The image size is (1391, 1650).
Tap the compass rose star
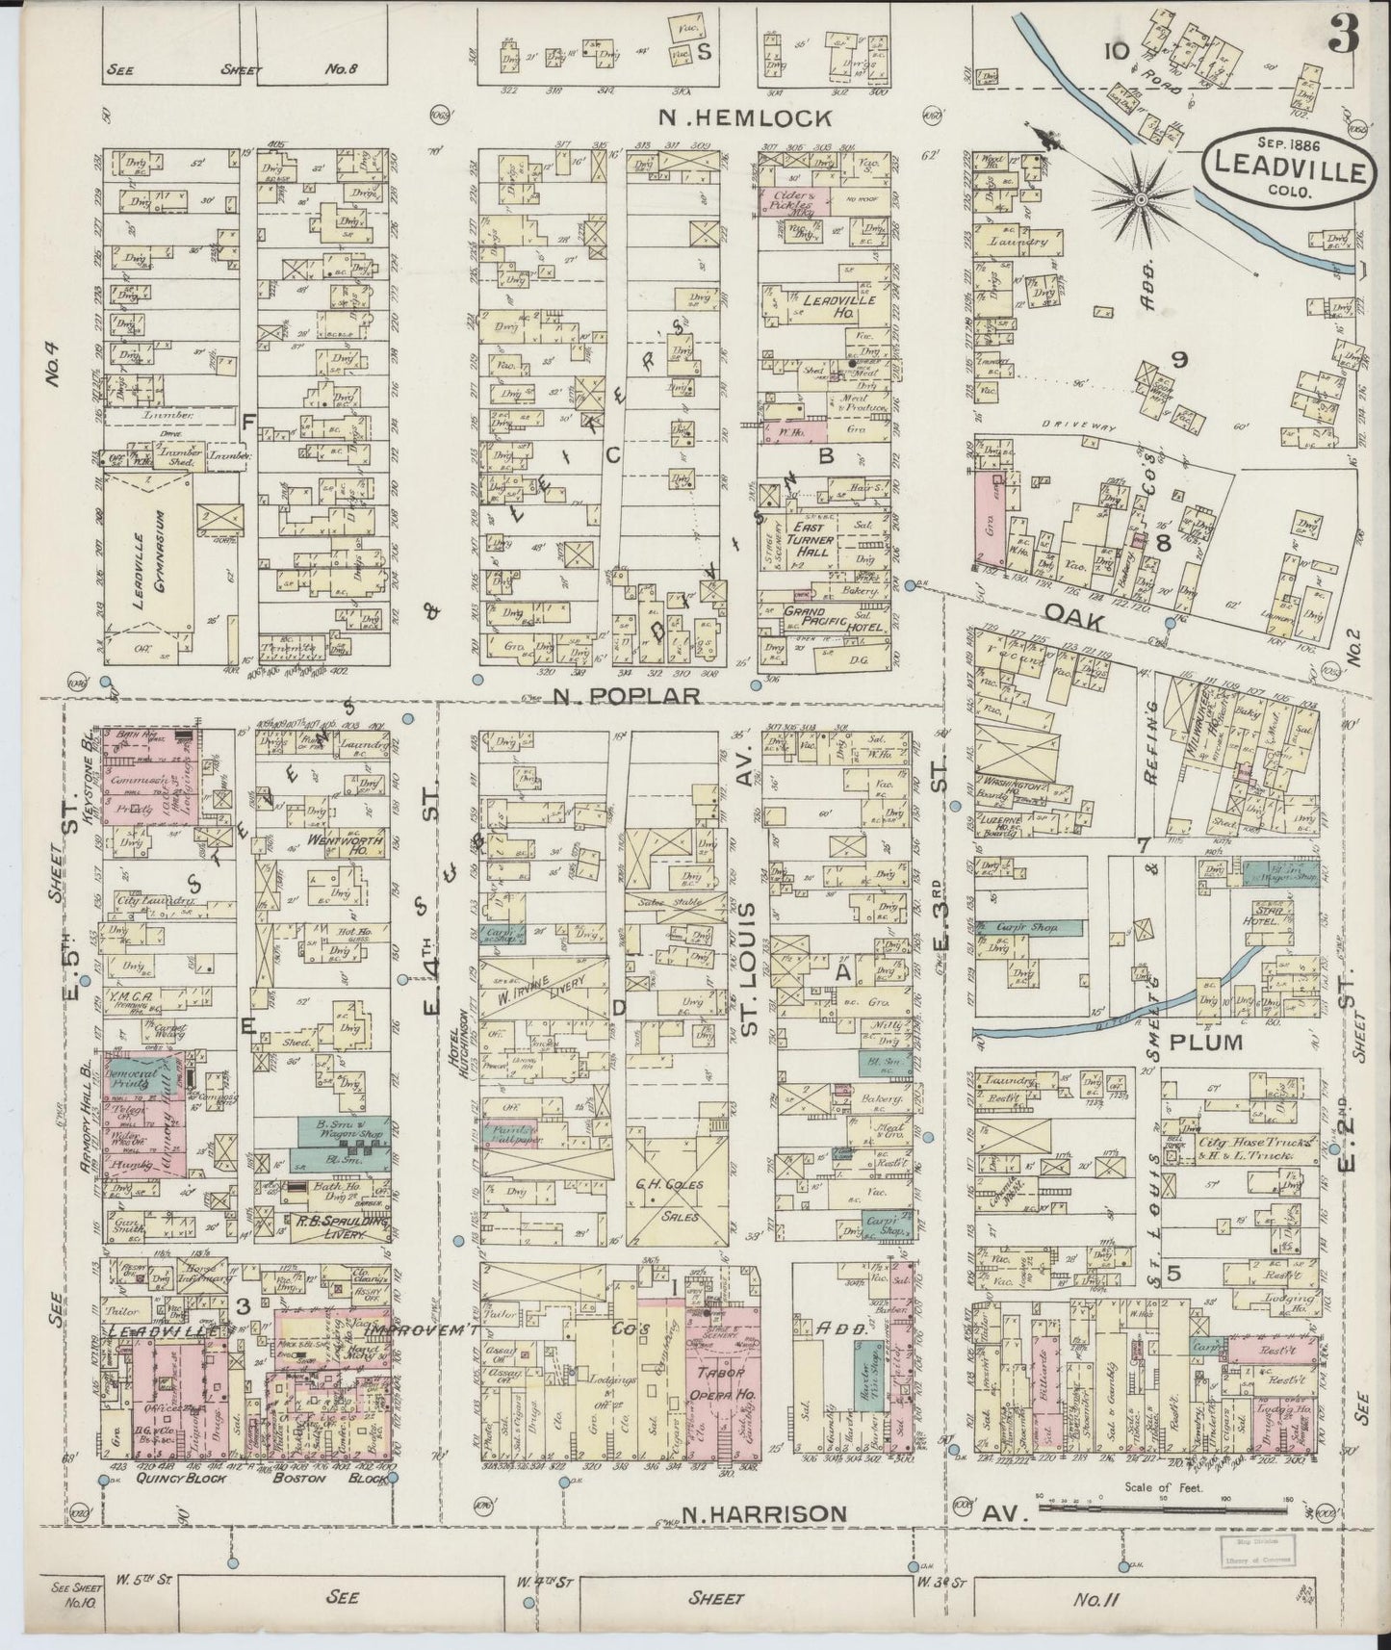(1141, 199)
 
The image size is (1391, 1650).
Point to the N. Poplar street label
(626, 695)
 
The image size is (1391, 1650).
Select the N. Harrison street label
(765, 1514)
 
